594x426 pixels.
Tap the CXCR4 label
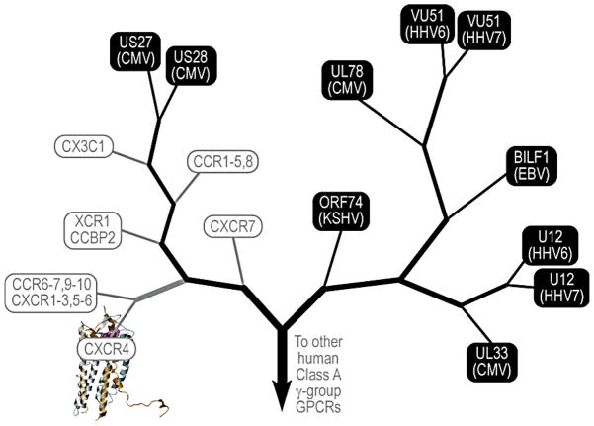coord(108,349)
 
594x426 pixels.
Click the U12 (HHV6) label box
coord(552,245)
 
